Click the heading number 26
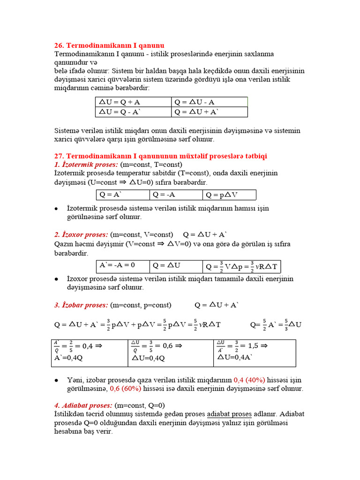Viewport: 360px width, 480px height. point(60,45)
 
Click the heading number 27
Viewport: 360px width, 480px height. point(60,156)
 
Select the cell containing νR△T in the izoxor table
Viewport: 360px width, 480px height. point(241,266)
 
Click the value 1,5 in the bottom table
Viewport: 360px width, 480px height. point(253,346)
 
